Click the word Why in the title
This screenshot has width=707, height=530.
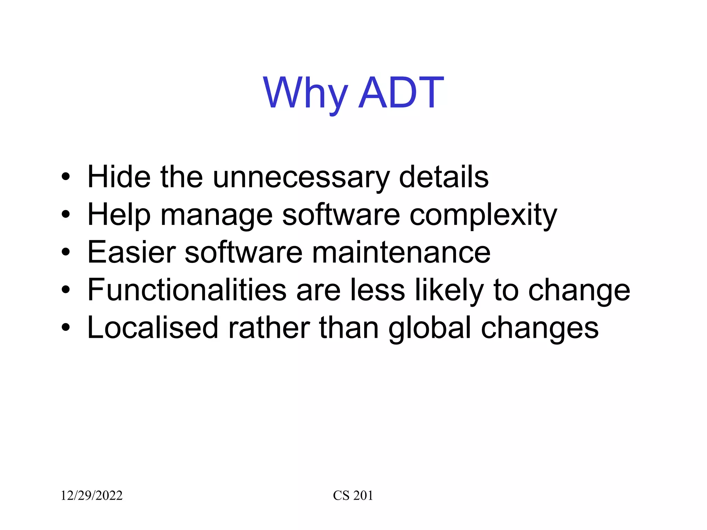pyautogui.click(x=305, y=92)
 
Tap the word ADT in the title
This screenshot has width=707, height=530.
pyautogui.click(x=401, y=92)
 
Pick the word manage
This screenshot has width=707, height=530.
pyautogui.click(x=216, y=215)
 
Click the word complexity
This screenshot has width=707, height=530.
pyautogui.click(x=483, y=215)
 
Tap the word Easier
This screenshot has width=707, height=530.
pyautogui.click(x=132, y=252)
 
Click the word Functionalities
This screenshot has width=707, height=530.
pyautogui.click(x=187, y=289)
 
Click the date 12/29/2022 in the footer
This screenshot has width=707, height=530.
pyautogui.click(x=91, y=495)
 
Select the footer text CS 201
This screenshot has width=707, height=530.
pyautogui.click(x=353, y=495)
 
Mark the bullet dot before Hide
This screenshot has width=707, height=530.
pyautogui.click(x=66, y=177)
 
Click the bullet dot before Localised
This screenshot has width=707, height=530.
pyautogui.click(x=66, y=328)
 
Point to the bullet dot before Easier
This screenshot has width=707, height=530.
pyautogui.click(x=66, y=253)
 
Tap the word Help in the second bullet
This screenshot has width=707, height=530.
pyautogui.click(x=119, y=215)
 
